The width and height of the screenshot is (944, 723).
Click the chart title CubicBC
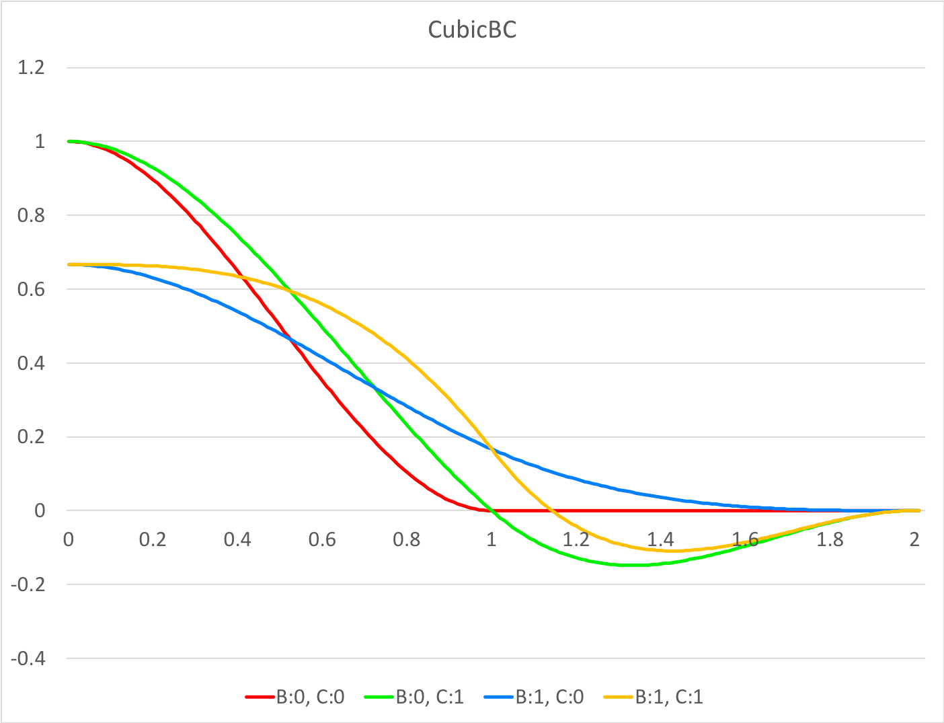coord(472,30)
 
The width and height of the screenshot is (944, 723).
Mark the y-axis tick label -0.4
coord(28,658)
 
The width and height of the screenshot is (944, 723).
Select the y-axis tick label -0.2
coord(28,584)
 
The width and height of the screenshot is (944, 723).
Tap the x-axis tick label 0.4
coord(237,540)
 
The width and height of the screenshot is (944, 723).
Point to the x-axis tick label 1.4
coord(660,540)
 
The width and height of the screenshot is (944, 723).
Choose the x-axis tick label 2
coord(914,540)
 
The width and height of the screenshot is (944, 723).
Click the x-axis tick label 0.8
coord(407,540)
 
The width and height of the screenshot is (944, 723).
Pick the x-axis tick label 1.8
coord(830,540)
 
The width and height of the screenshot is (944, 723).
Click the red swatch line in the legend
coord(260,697)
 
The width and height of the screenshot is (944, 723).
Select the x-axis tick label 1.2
coord(576,540)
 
